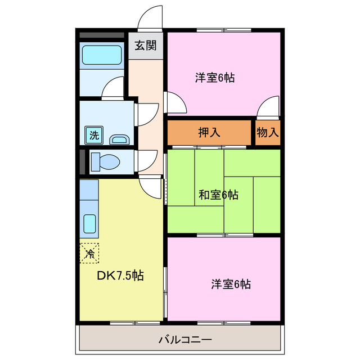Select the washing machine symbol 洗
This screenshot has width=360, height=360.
tap(94, 135)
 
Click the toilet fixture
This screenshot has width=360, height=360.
tap(105, 161)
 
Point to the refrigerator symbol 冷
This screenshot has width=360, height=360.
tap(89, 253)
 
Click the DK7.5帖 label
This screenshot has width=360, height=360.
tap(121, 276)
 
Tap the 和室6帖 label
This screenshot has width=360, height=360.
tap(218, 195)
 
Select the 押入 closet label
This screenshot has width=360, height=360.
tap(209, 133)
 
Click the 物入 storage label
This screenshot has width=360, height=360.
tap(268, 133)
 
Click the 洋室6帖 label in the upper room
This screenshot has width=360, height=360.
tap(215, 78)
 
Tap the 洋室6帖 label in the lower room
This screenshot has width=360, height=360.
tap(231, 284)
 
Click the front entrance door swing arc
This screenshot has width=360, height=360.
tap(150, 17)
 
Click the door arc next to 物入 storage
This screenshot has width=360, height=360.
tap(269, 107)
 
